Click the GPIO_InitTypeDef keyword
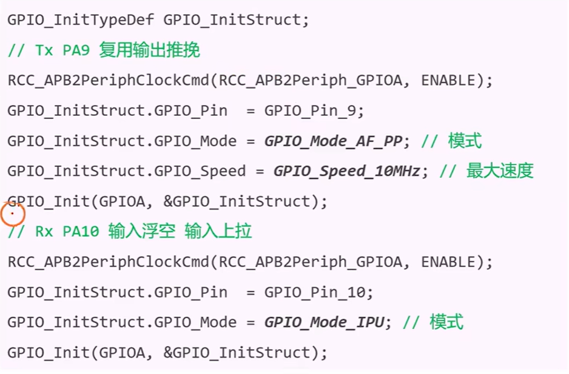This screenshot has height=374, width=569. pyautogui.click(x=81, y=19)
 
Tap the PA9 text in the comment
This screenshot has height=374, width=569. pyautogui.click(x=76, y=50)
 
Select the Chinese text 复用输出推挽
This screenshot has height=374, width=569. pyautogui.click(x=149, y=50)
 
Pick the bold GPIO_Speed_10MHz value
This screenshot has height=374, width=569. pyautogui.click(x=347, y=171)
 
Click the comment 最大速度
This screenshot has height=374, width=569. pyautogui.click(x=499, y=171)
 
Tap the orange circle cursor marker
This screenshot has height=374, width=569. pyautogui.click(x=12, y=214)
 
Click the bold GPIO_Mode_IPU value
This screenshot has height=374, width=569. pyautogui.click(x=324, y=322)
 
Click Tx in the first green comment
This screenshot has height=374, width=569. pyautogui.click(x=44, y=50)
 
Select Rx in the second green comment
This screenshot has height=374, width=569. pyautogui.click(x=44, y=231)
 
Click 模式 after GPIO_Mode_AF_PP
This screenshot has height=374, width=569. pyautogui.click(x=465, y=141)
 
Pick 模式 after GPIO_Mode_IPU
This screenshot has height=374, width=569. pyautogui.click(x=446, y=322)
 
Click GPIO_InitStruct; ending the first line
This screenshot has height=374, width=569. pyautogui.click(x=236, y=19)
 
